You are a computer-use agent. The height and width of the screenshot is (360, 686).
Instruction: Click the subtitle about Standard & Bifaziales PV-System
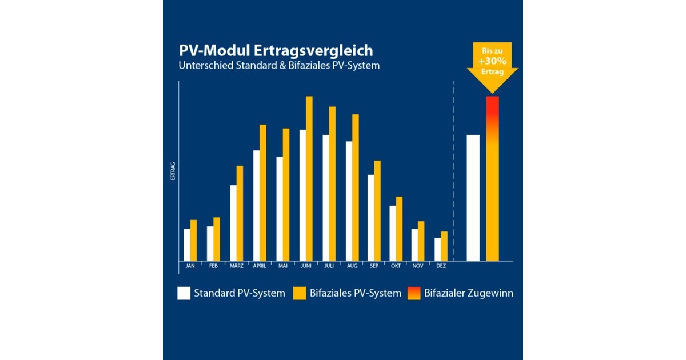(279, 66)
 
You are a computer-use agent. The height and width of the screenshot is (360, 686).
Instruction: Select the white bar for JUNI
(302, 195)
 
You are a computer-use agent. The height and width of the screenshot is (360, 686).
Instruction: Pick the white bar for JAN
(187, 245)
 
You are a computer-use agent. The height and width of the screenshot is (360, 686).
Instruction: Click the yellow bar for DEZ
(444, 246)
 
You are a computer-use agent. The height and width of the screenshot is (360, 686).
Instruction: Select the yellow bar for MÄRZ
(240, 213)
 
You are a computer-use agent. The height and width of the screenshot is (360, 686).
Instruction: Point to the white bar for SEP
(370, 218)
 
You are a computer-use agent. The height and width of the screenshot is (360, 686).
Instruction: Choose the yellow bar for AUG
(356, 187)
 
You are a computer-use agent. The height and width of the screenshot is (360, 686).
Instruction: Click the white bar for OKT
(393, 233)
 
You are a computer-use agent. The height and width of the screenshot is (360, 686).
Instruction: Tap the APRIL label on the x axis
(259, 266)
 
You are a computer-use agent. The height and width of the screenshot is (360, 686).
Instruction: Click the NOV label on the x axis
(418, 266)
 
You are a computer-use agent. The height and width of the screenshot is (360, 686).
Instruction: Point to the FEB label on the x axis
(213, 266)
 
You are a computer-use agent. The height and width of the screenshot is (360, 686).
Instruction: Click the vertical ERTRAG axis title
(173, 171)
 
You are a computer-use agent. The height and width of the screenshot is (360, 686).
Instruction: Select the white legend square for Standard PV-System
(183, 293)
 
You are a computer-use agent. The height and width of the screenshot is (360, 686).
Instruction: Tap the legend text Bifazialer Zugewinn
(469, 293)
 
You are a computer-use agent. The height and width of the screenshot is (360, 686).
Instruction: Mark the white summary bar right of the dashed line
(473, 198)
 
